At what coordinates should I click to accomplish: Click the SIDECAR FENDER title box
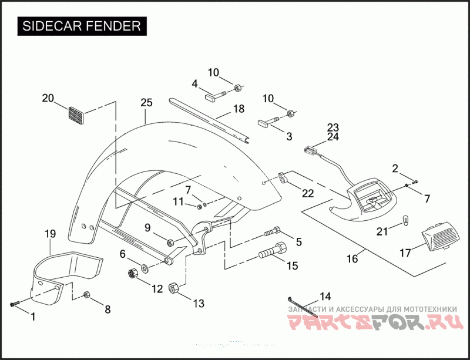[x=82, y=26]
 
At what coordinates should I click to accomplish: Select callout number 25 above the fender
[x=146, y=103]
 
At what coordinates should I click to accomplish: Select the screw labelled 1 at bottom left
[x=15, y=304]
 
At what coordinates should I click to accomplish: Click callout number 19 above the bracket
[x=50, y=234]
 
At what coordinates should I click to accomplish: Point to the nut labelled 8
[x=87, y=294]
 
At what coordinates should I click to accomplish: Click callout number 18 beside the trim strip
[x=238, y=109]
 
